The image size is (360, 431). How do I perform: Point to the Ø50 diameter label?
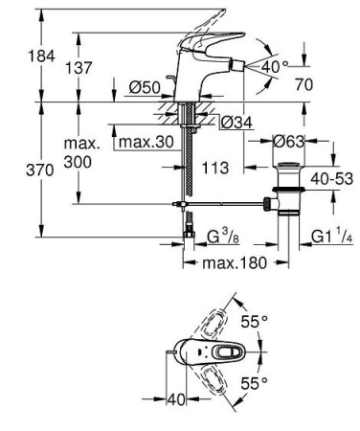click(144, 88)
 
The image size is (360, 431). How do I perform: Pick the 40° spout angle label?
click(275, 67)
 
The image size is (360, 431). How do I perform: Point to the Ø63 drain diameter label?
click(288, 142)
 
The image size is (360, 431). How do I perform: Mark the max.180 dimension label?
click(225, 262)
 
